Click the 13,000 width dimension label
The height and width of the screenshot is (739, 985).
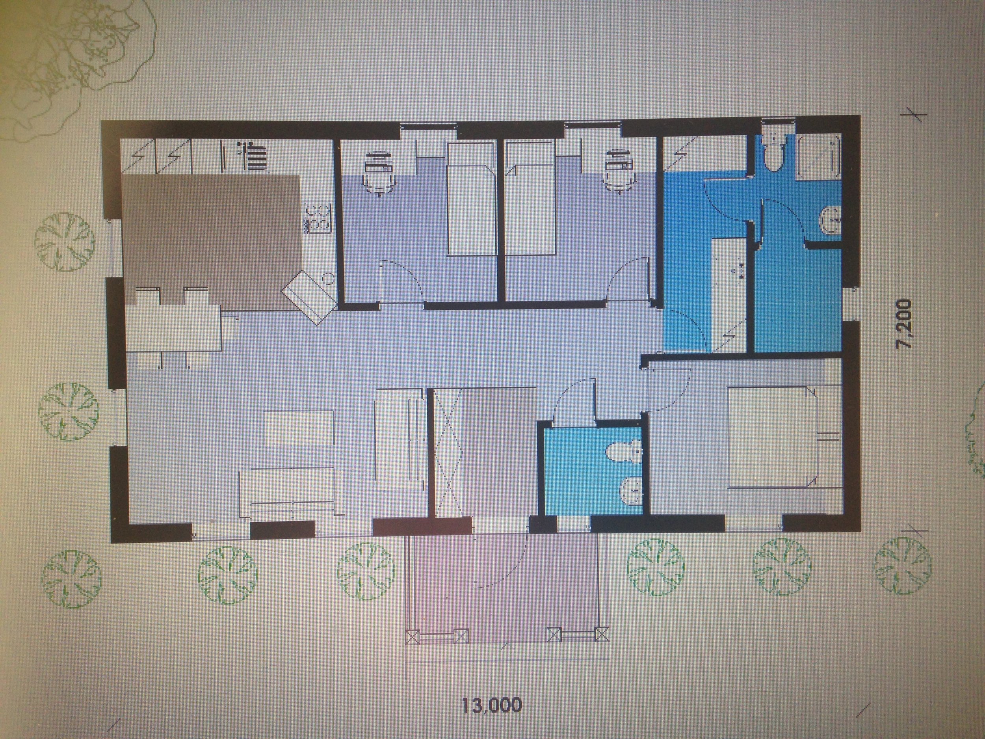(x=491, y=705)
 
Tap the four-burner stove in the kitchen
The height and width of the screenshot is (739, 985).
(x=318, y=219)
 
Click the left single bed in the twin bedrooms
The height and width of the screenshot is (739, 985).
(x=472, y=198)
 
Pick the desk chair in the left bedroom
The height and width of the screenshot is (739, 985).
(x=379, y=174)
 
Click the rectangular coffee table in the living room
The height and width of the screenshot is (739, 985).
(x=299, y=428)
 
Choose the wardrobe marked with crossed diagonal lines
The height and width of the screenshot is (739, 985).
(x=447, y=452)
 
